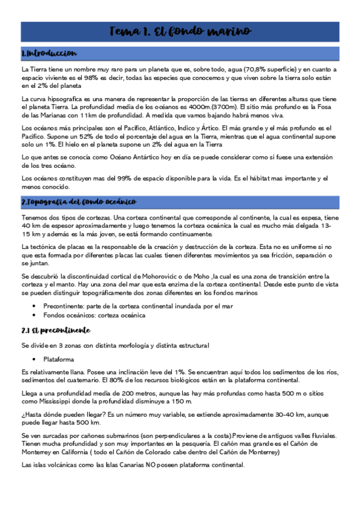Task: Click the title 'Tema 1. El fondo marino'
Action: point(180,31)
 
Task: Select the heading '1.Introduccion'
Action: point(49,54)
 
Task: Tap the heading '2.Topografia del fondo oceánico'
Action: point(79,202)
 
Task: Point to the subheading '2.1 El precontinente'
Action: point(55,330)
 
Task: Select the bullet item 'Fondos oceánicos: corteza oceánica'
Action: point(94,315)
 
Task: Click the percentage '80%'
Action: point(129,380)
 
